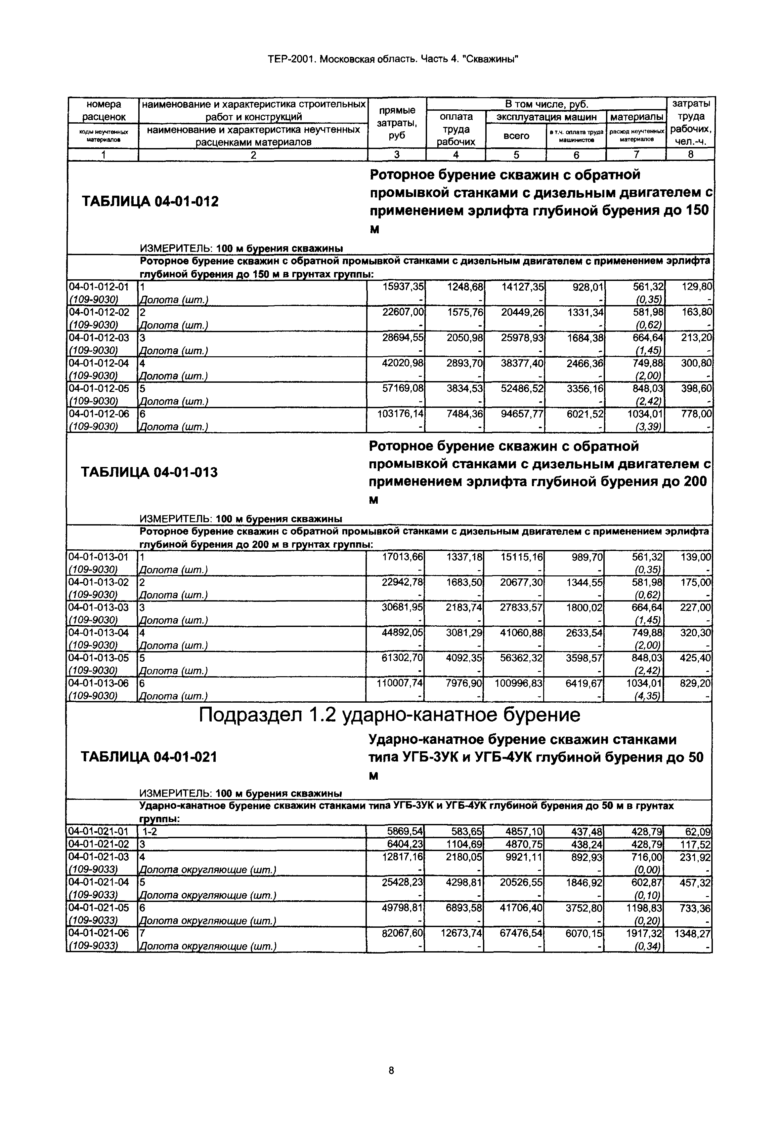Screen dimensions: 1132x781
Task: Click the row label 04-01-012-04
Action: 98,363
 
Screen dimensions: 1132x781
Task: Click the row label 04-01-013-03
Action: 98,607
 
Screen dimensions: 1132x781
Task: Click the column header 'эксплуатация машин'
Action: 546,117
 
